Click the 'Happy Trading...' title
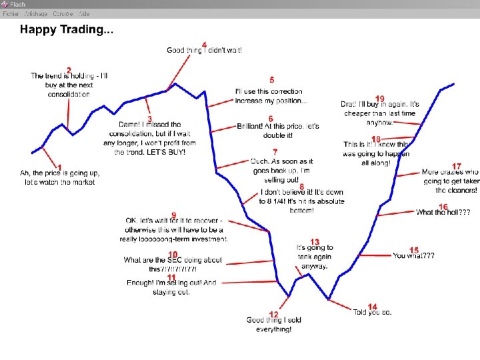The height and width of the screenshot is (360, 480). tap(66, 29)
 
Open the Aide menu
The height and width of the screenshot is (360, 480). tap(84, 13)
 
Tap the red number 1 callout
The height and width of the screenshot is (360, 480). tap(60, 167)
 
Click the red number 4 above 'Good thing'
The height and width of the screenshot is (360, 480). tap(204, 45)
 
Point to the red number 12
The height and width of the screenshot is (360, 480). tap(273, 314)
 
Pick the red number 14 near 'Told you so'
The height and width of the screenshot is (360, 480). tap(372, 307)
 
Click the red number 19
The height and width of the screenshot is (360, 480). tap(380, 99)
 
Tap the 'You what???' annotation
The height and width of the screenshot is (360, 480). tap(413, 255)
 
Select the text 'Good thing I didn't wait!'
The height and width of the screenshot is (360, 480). tap(204, 51)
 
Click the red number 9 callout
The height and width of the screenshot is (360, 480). tap(173, 215)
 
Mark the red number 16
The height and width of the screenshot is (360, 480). tap(443, 207)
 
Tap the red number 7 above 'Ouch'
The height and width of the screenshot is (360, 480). tap(275, 153)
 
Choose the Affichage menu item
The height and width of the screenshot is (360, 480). tap(35, 13)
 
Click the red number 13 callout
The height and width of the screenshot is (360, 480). tap(315, 241)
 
